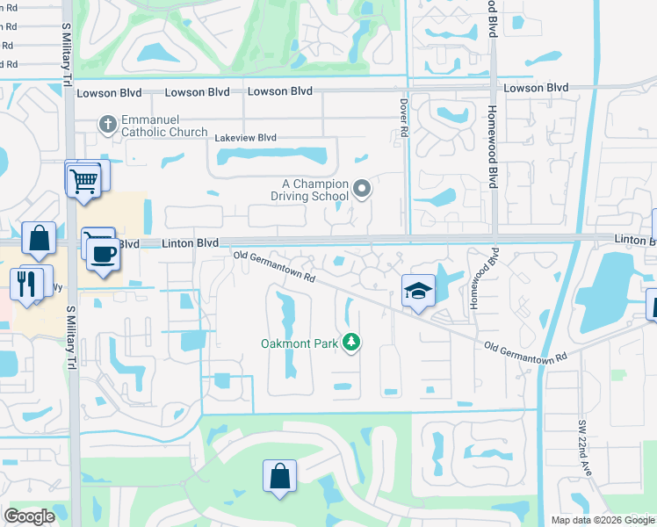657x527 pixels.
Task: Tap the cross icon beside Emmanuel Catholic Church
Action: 107,124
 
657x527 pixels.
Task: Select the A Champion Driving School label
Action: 315,190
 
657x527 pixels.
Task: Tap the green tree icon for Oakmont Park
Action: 351,342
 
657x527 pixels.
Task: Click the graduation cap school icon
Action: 418,291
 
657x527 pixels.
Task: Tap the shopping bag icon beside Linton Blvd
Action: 39,238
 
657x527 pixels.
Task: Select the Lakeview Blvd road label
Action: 245,138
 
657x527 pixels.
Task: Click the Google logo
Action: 29,516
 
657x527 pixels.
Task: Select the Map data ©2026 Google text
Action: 603,520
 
